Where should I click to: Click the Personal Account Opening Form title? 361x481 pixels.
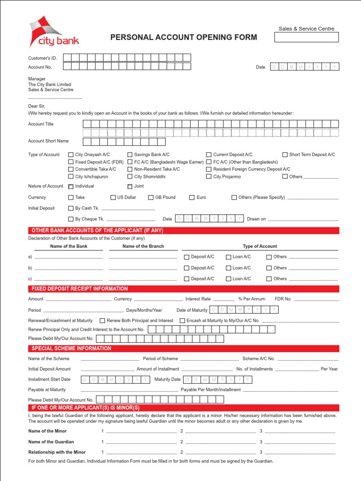(x=183, y=38)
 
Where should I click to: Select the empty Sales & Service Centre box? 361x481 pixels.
(x=306, y=37)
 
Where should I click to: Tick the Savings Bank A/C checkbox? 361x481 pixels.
(x=130, y=155)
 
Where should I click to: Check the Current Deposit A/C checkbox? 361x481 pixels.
(x=209, y=155)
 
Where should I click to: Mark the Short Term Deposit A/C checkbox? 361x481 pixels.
(x=285, y=155)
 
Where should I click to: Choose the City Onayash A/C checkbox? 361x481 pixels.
(x=71, y=155)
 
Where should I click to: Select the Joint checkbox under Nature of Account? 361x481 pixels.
(x=130, y=186)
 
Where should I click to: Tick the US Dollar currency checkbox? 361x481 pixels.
(x=113, y=198)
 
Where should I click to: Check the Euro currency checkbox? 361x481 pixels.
(x=192, y=198)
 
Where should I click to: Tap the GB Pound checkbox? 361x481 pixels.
(x=151, y=198)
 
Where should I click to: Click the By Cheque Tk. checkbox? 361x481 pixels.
(x=71, y=219)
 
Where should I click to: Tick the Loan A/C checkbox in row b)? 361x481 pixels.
(x=228, y=268)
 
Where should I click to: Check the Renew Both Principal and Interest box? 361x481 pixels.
(x=102, y=321)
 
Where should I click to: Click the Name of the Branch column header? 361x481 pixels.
(x=143, y=246)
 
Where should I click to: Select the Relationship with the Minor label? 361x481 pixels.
(x=57, y=452)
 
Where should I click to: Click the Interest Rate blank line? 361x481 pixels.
(x=223, y=299)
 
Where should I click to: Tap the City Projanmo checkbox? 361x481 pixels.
(x=209, y=177)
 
